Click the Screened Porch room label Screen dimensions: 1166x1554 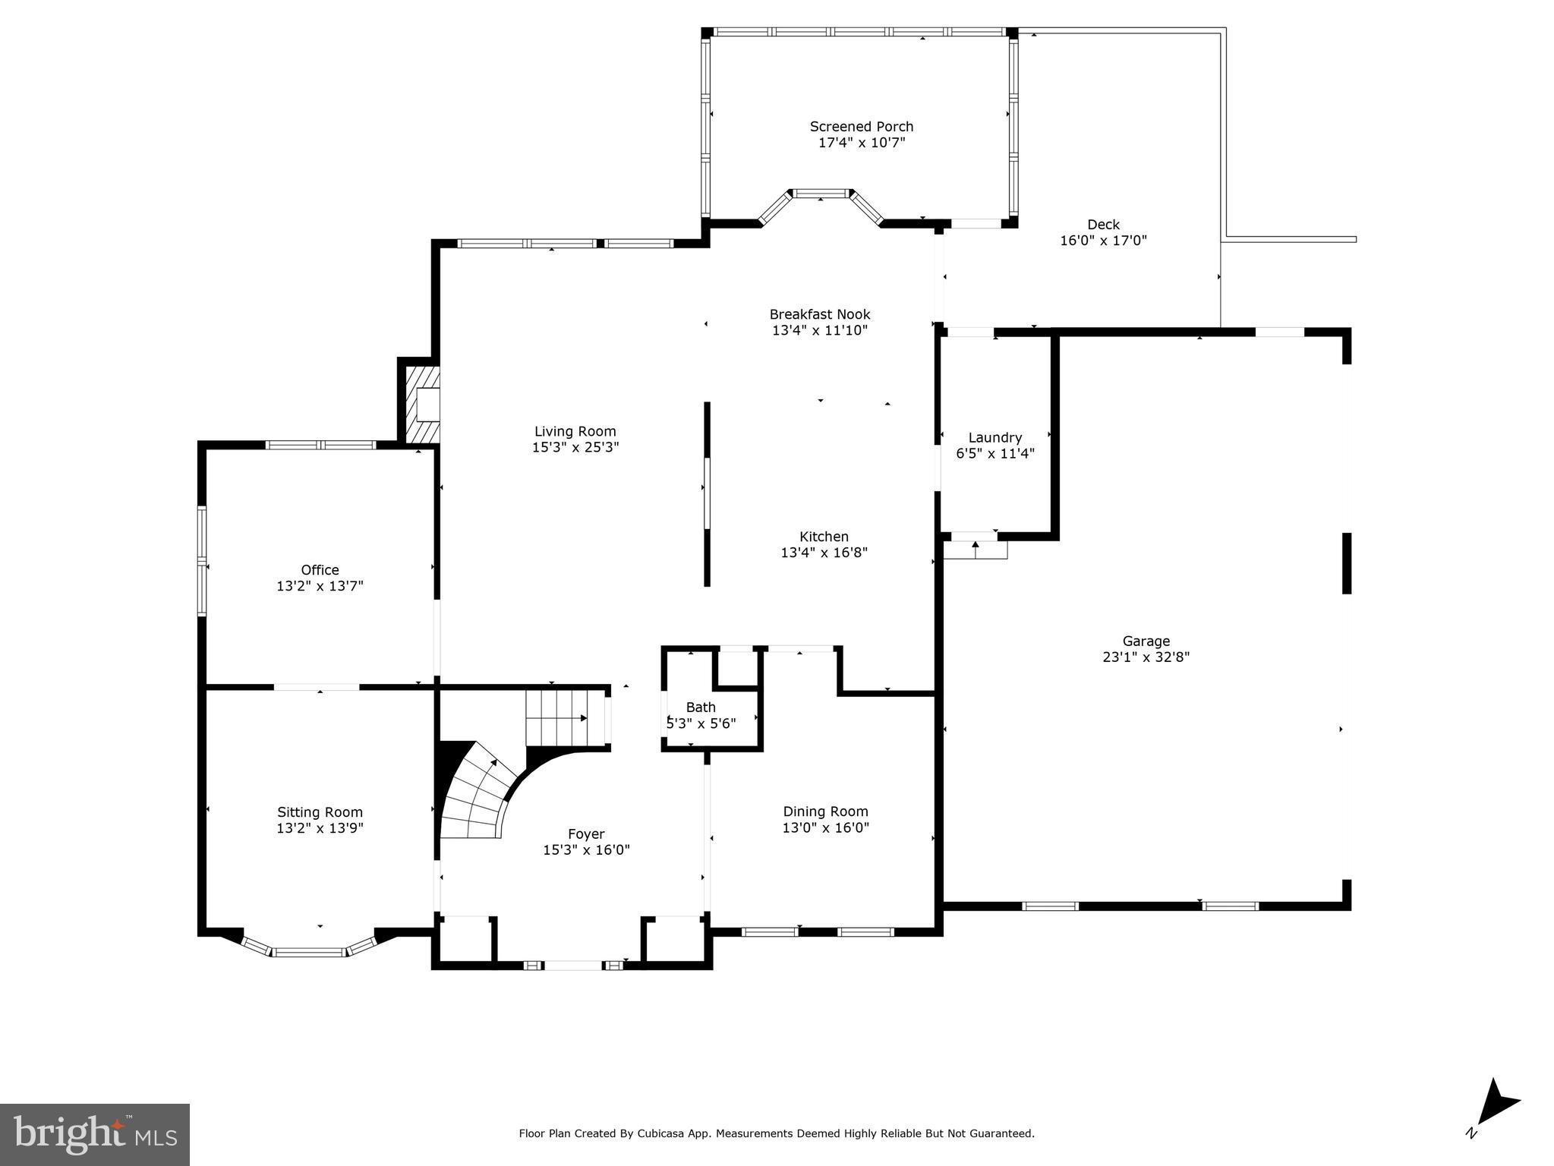pyautogui.click(x=861, y=127)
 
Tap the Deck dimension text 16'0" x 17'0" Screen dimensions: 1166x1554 pyautogui.click(x=1103, y=241)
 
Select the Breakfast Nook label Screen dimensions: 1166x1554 pyautogui.click(x=819, y=314)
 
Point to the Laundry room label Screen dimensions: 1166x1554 pyautogui.click(x=994, y=438)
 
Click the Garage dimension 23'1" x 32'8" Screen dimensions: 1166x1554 pyautogui.click(x=1146, y=657)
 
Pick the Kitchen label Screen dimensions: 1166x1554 pyautogui.click(x=824, y=537)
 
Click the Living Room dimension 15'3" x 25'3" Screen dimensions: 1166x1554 pyautogui.click(x=575, y=448)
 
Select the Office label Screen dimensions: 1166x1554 pyautogui.click(x=320, y=570)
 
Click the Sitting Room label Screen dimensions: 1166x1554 pyautogui.click(x=320, y=812)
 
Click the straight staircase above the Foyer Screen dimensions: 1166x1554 pyautogui.click(x=562, y=717)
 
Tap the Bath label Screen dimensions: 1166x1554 pyautogui.click(x=701, y=707)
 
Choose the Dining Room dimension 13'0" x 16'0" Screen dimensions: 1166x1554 pyautogui.click(x=825, y=827)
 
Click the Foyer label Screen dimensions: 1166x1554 pyautogui.click(x=586, y=834)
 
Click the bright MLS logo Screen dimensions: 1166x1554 pyautogui.click(x=95, y=1134)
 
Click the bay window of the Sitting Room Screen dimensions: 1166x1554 pyautogui.click(x=310, y=950)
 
